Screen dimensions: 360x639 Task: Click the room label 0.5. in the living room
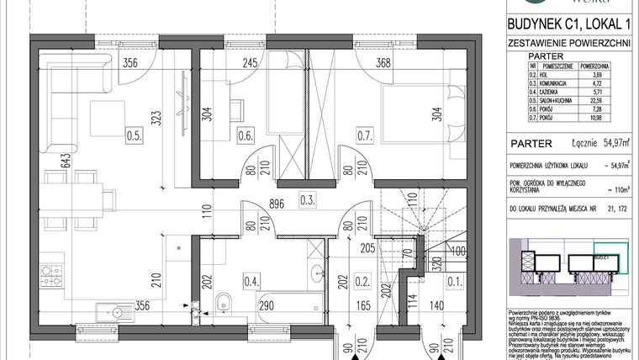click(x=133, y=132)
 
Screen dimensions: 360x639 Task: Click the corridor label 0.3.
click(x=285, y=199)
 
